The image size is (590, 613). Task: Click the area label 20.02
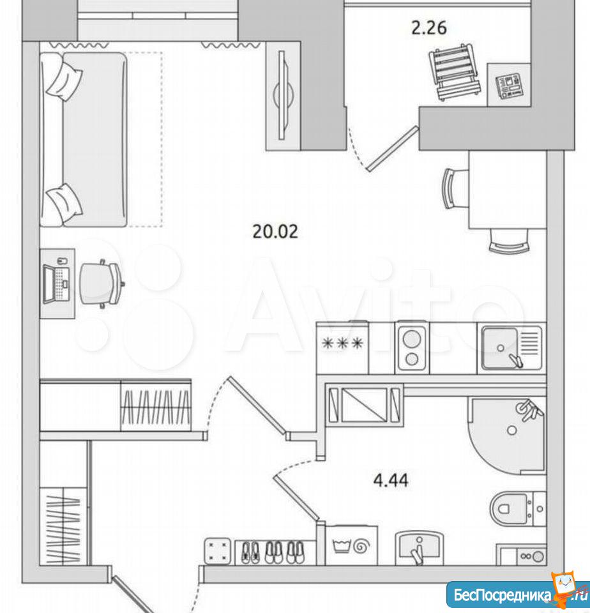coord(275,231)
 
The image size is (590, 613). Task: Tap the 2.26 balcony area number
coord(429,28)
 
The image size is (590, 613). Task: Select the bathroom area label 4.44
coord(391,480)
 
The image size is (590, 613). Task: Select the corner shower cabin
coord(507,435)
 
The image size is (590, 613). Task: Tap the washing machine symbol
coord(351,545)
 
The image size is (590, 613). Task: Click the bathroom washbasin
coord(419,547)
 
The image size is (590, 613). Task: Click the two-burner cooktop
coord(412,347)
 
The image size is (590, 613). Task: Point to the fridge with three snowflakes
coord(342,347)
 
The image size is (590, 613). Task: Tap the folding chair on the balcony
coord(455,73)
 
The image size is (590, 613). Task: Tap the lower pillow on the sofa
coord(64,203)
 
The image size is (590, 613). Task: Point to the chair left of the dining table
coord(455,188)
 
